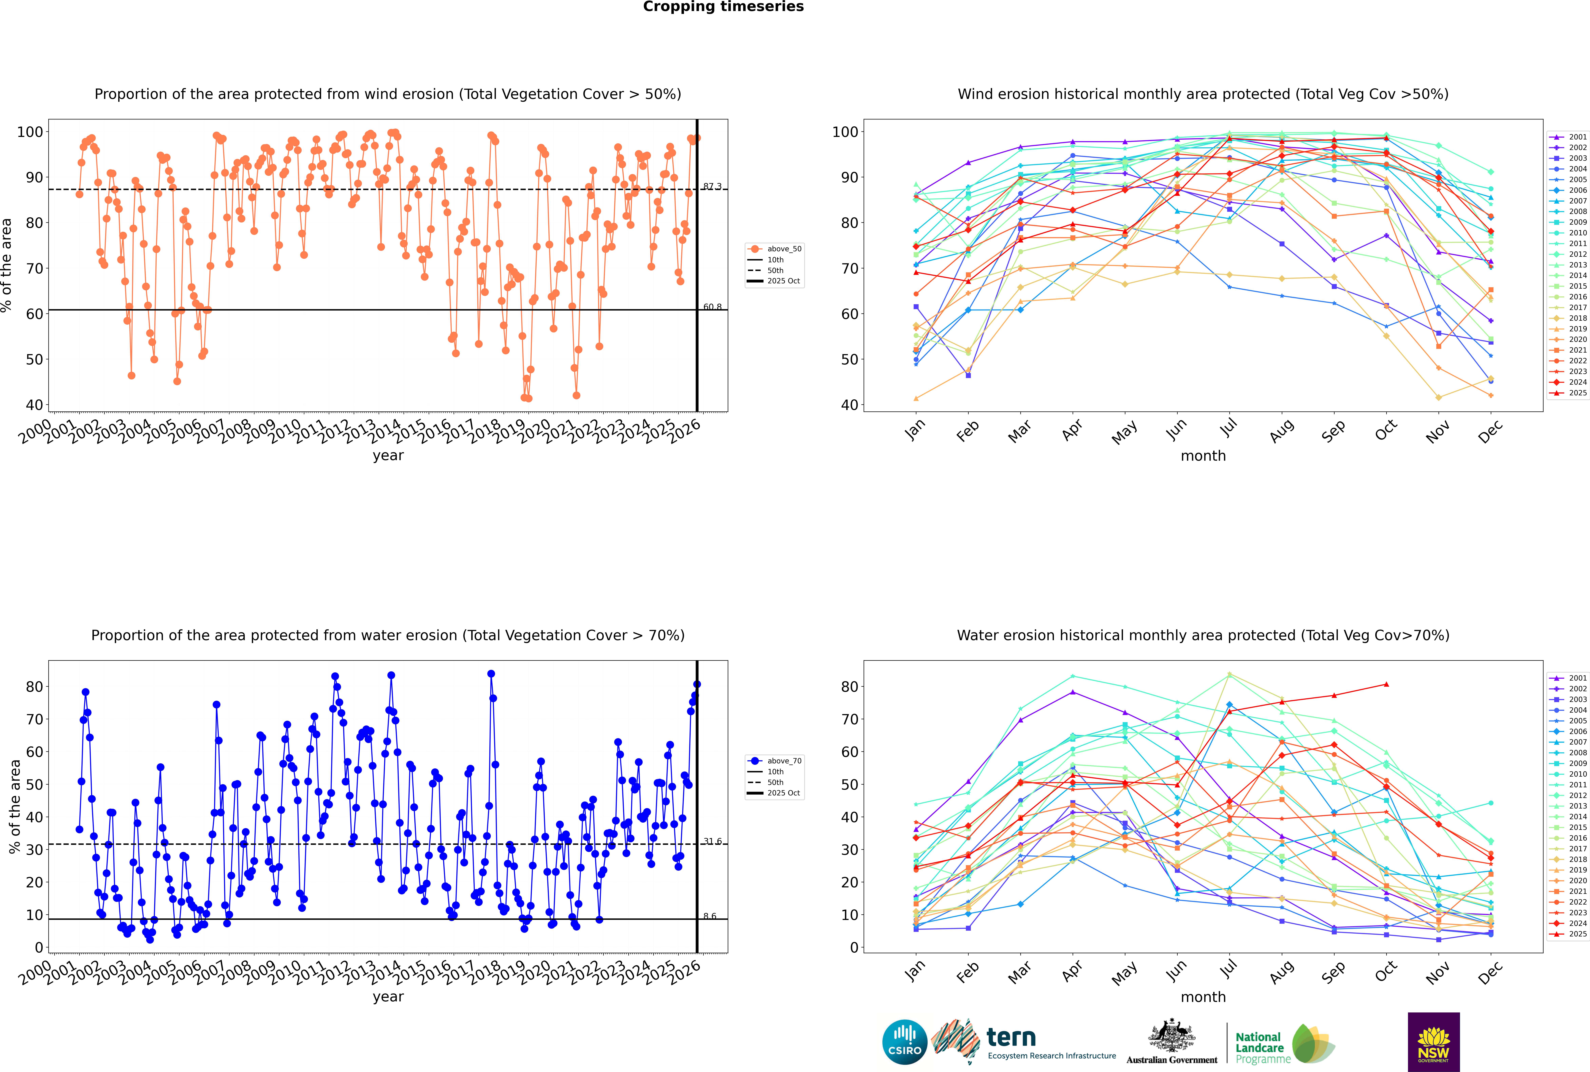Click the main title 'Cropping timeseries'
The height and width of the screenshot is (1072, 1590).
click(723, 7)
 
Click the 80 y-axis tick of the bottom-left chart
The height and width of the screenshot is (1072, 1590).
click(34, 686)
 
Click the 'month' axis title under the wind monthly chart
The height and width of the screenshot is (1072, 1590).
click(1203, 456)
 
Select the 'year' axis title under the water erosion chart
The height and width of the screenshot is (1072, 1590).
click(388, 997)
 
